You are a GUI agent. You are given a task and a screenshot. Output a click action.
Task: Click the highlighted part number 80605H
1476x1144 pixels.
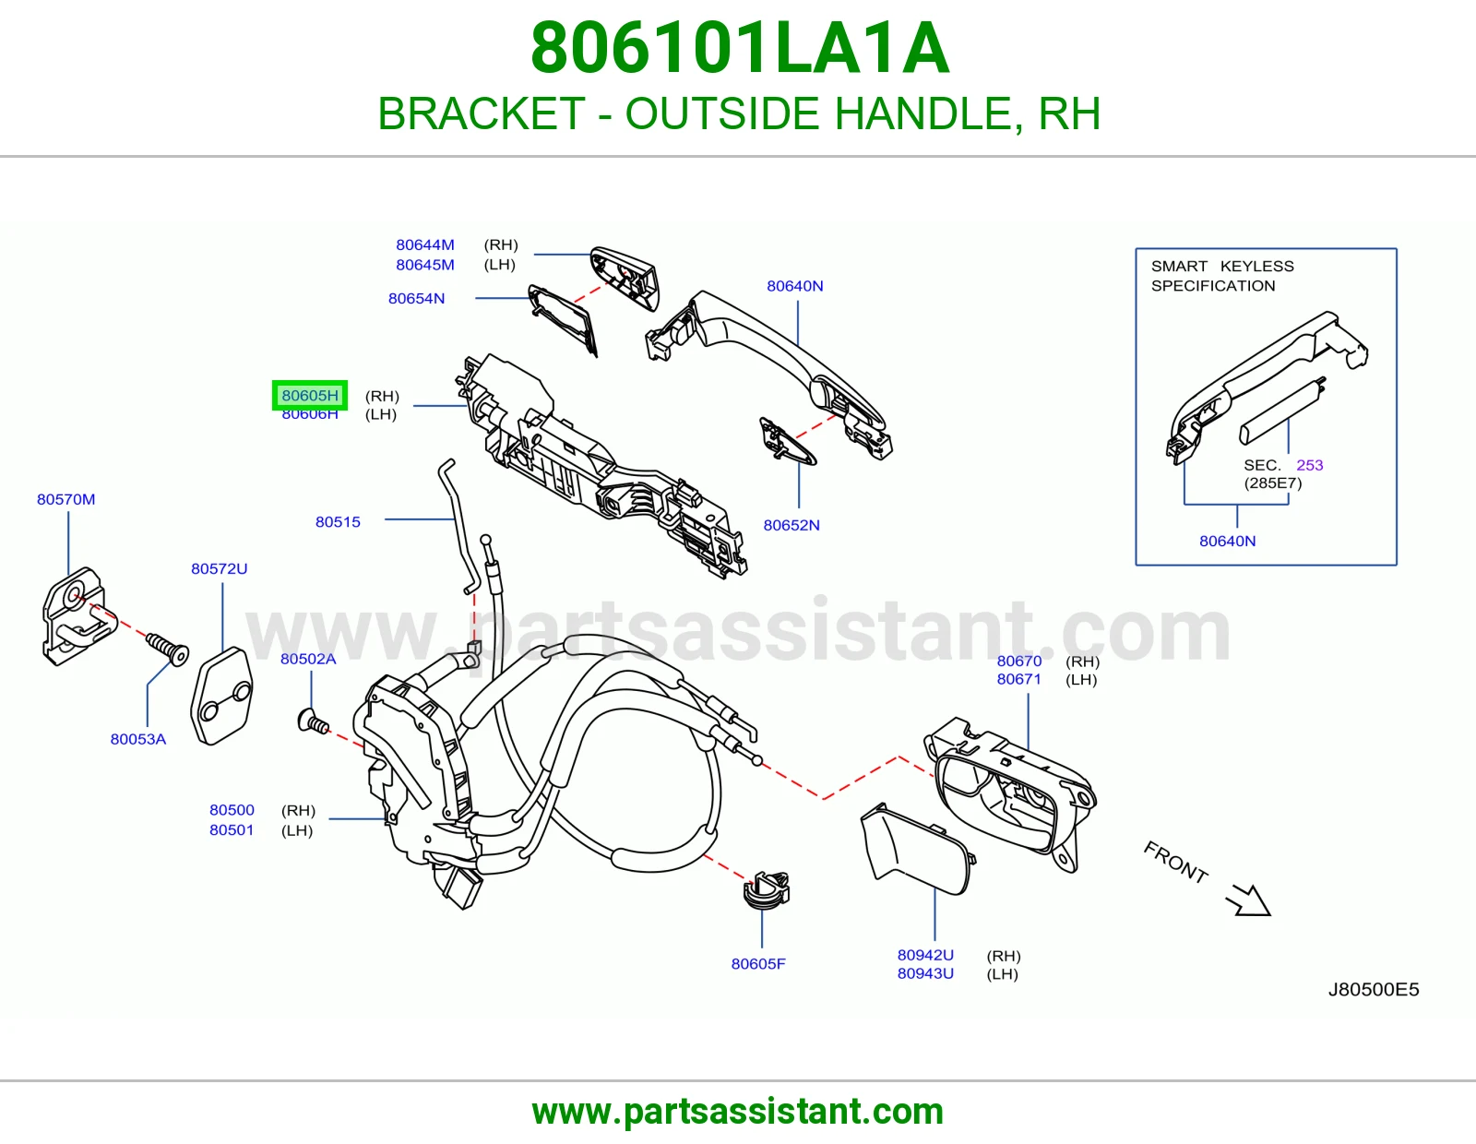coord(310,396)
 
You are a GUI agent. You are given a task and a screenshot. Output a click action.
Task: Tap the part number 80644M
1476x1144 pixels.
coord(425,244)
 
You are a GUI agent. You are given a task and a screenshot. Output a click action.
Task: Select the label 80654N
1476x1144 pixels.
coord(416,298)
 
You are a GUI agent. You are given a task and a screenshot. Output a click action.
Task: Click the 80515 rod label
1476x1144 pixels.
coord(338,522)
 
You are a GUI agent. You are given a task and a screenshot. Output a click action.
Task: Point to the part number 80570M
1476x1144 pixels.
coord(65,499)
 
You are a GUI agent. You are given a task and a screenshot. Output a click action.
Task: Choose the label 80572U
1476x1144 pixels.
coord(220,568)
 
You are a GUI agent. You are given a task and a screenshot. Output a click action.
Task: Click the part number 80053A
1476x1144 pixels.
coord(137,739)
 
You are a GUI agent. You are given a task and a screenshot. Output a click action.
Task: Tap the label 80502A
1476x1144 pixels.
coord(308,659)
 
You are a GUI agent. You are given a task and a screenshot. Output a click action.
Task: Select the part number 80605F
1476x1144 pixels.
coord(758,964)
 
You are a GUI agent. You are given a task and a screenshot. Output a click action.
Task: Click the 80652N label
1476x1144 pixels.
coord(792,525)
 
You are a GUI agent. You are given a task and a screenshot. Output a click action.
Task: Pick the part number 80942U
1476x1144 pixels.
coord(925,955)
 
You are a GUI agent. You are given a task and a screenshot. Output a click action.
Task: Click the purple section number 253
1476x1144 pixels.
coord(1310,465)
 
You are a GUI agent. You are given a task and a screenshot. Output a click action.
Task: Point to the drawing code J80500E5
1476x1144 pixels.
coord(1374,989)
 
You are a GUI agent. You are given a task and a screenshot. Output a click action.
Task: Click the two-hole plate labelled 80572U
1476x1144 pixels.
coord(222,696)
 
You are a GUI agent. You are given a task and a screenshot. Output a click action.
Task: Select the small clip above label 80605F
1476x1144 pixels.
coord(768,890)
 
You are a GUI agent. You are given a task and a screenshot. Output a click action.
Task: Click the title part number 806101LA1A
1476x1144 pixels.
coord(739,49)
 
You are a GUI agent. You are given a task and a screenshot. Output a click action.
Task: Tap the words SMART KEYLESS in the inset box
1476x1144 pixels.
coord(1222,267)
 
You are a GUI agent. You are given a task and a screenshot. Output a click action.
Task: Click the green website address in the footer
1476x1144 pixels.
coord(738,1112)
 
